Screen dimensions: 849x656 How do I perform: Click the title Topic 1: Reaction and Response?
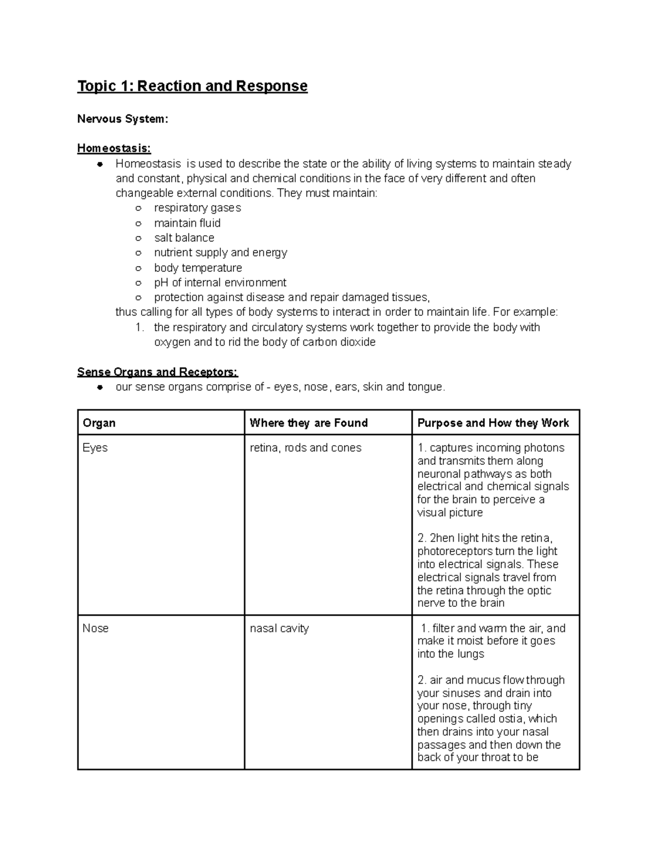(192, 86)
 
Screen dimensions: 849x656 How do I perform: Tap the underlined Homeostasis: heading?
(114, 148)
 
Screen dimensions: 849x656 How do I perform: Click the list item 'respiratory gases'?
(197, 208)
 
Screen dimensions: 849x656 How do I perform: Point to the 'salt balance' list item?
(184, 238)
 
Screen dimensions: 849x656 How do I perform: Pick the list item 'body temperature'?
(198, 268)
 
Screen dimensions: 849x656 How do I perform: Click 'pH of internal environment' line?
(220, 283)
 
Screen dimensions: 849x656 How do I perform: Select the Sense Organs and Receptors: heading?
(157, 372)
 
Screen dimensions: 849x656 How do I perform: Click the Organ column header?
(99, 423)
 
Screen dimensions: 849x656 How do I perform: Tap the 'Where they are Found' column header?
(308, 423)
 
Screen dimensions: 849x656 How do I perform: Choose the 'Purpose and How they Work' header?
(493, 423)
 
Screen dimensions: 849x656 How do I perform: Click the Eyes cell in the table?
(95, 448)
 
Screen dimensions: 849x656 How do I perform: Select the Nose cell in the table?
(96, 629)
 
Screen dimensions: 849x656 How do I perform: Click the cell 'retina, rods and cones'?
(306, 448)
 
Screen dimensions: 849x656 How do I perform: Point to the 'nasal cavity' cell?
(279, 629)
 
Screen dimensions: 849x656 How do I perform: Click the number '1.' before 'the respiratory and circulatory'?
(140, 327)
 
